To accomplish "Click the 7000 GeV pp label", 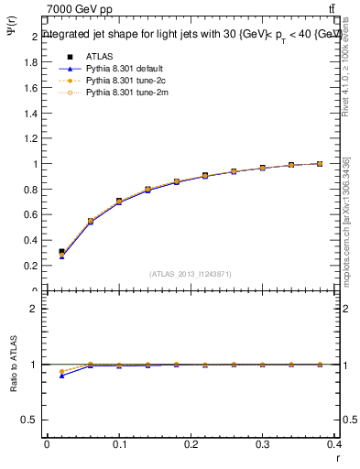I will point(80,9).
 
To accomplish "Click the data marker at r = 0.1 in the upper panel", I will point(118,201).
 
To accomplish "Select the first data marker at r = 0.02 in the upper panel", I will point(61,252).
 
